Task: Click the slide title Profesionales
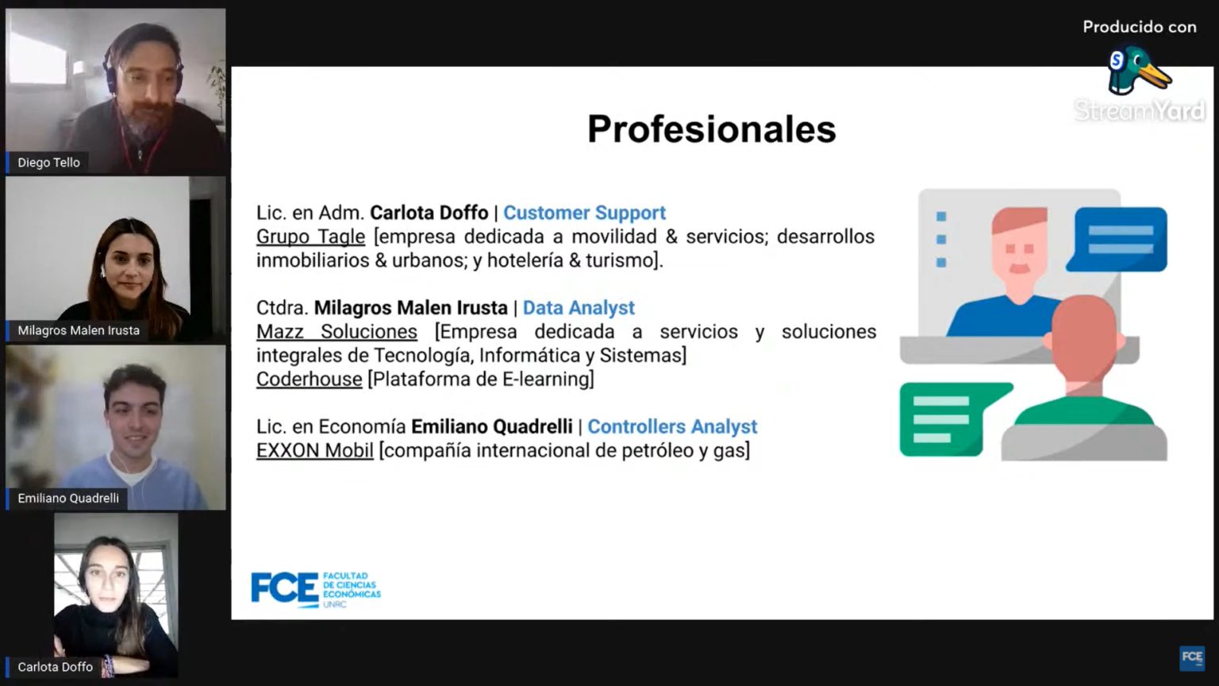point(711,129)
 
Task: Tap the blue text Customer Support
point(584,213)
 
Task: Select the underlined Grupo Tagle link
point(311,237)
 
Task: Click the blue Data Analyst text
point(579,308)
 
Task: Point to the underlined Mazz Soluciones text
point(336,332)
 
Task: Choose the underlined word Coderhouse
point(309,379)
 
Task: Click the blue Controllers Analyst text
point(672,427)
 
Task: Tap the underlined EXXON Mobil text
point(314,451)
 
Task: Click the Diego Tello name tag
point(48,162)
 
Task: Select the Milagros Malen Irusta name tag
point(78,330)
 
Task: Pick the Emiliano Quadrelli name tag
point(67,498)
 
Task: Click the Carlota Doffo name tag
point(55,667)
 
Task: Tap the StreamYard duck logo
point(1139,71)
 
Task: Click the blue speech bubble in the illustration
point(1117,239)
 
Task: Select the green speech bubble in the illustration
point(956,418)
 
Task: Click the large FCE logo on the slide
point(316,589)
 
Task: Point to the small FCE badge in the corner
point(1192,658)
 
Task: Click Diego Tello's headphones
point(112,71)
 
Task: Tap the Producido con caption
point(1140,27)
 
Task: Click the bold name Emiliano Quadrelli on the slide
point(492,427)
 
